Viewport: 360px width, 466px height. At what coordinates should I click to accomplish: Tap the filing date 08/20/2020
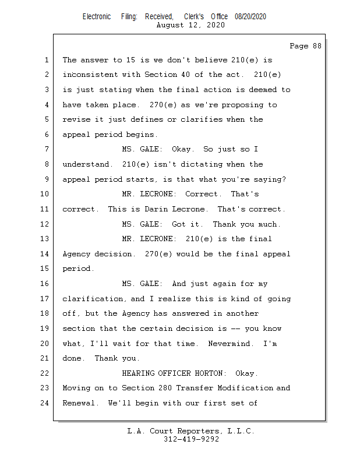coord(250,17)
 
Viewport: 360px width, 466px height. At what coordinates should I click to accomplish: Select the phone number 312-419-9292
coord(191,439)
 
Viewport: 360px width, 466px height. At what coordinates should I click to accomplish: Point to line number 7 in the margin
coord(47,149)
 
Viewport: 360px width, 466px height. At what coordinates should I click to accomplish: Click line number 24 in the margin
coord(45,403)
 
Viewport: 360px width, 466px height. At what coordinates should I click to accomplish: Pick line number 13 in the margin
coord(45,239)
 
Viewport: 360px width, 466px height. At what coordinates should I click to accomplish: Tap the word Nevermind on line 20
coord(231,344)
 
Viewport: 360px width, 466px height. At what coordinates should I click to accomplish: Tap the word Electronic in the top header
coord(97,17)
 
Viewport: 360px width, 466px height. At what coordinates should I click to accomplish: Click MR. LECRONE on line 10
coord(148,194)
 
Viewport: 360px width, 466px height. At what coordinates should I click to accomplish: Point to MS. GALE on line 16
coord(140,284)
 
